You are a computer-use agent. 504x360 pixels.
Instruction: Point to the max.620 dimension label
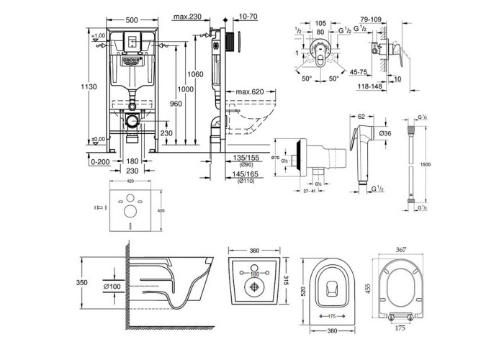(x=248, y=92)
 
